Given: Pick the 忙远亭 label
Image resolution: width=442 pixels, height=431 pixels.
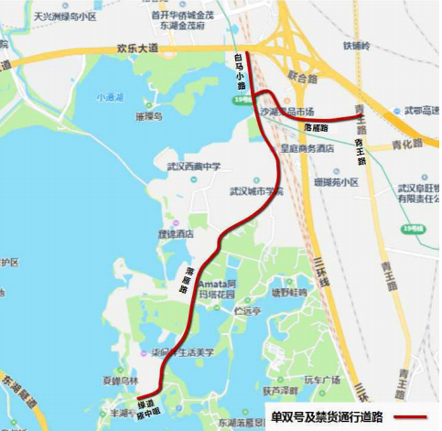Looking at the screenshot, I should pos(248,311).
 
